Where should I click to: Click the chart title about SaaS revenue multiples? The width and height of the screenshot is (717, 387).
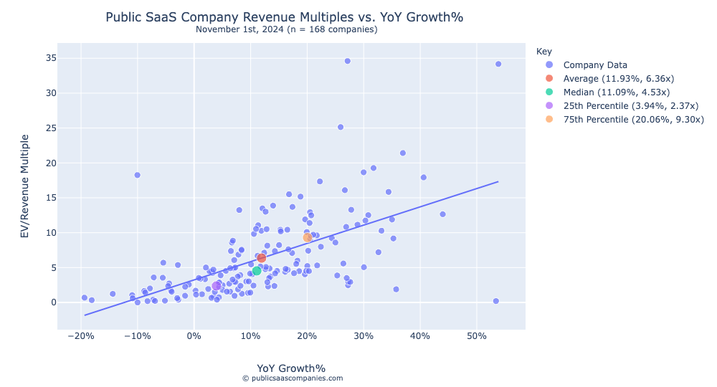tap(289, 16)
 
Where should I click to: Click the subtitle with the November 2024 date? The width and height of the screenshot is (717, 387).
tap(286, 29)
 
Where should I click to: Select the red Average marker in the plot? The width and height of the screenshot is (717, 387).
tap(262, 258)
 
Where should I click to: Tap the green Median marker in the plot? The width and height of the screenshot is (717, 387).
tap(257, 271)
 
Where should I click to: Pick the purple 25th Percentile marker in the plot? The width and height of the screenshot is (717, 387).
tap(217, 286)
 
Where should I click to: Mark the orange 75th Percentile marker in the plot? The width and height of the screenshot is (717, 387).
tap(308, 237)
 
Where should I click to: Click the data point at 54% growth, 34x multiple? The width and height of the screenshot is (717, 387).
tap(498, 64)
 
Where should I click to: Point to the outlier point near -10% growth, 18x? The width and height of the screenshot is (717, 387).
tap(137, 175)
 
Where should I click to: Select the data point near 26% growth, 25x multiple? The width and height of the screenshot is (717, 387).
tap(341, 127)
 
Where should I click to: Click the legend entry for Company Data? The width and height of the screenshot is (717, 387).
tap(595, 65)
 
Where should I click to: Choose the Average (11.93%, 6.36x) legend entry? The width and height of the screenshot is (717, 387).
tap(618, 79)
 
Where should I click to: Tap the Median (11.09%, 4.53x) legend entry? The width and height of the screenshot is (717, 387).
tap(616, 92)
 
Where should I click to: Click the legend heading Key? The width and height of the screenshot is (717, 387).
tap(543, 52)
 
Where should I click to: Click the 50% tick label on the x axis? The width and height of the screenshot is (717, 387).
tap(477, 336)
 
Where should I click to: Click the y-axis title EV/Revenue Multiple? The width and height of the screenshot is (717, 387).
tap(24, 186)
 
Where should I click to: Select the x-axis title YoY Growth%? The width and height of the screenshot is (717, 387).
tap(291, 368)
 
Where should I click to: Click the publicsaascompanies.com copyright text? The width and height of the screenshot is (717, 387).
tap(292, 378)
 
